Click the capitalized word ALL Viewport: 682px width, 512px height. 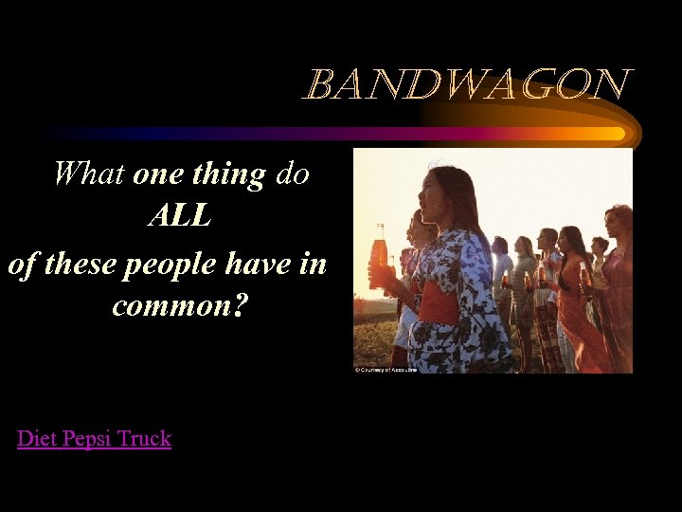pos(179,217)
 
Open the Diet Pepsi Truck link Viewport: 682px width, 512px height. pos(94,438)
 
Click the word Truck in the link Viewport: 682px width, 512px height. pos(145,438)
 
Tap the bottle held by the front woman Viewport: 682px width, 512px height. pos(379,256)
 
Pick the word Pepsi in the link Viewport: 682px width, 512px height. pos(86,438)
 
